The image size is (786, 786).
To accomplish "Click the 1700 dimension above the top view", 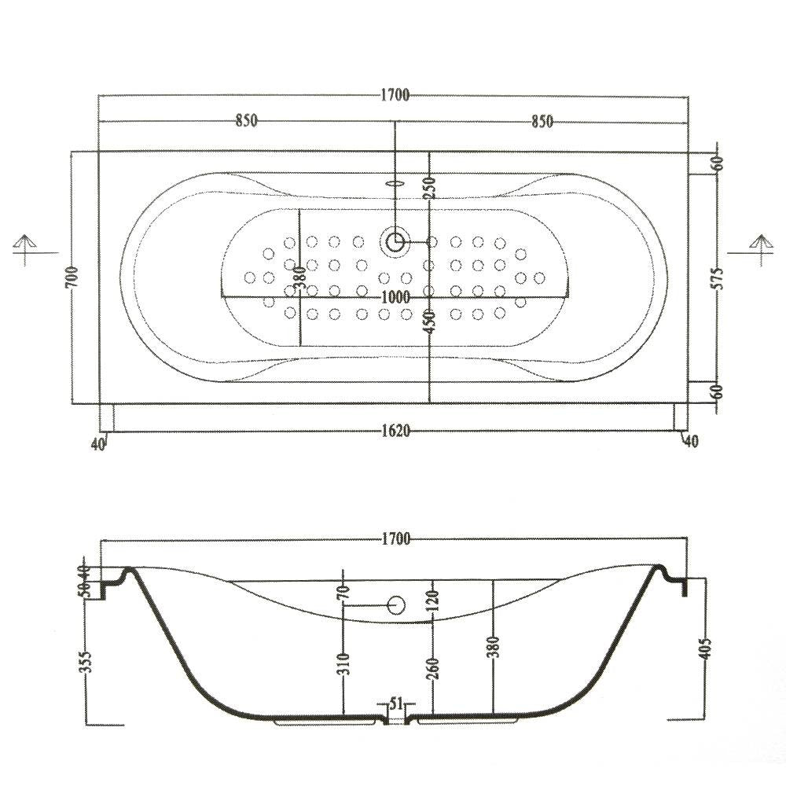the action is [395, 95].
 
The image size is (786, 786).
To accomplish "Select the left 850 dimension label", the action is [246, 121].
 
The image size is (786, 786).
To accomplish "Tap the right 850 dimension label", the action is [542, 121].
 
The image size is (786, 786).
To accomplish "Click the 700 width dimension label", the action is [72, 277].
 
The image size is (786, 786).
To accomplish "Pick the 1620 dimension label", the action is [395, 431].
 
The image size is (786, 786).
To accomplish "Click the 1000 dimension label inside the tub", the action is [395, 298].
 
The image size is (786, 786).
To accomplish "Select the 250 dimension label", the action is [431, 186].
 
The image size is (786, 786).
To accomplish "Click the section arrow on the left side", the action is [24, 249].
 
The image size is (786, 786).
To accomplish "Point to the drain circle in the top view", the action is [395, 242].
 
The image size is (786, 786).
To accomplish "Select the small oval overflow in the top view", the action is [395, 183].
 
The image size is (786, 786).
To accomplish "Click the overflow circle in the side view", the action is [396, 605].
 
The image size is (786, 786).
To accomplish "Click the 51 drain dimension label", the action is [396, 704].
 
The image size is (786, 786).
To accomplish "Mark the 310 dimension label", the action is [344, 663].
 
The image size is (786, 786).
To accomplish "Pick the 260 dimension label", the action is [433, 667].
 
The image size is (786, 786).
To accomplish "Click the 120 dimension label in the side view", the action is [433, 600].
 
